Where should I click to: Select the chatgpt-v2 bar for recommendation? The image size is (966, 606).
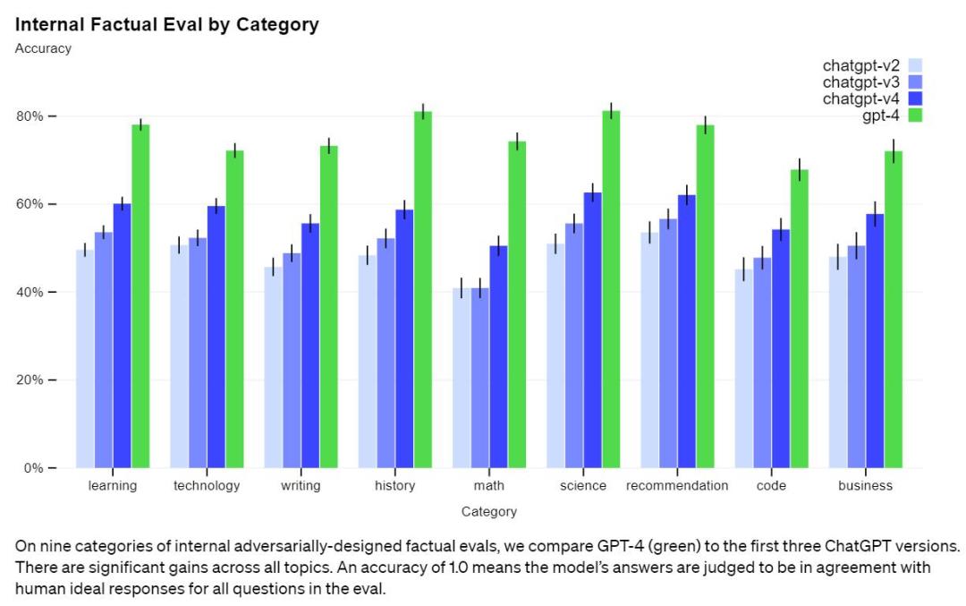pyautogui.click(x=649, y=350)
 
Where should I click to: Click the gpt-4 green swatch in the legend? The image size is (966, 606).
pyautogui.click(x=915, y=115)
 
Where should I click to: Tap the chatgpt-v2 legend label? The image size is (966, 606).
pyautogui.click(x=861, y=65)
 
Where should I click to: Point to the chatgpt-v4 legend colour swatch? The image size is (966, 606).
pyautogui.click(x=915, y=98)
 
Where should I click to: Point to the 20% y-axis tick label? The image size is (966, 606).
pyautogui.click(x=34, y=380)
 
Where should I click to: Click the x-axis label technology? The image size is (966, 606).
pyautogui.click(x=207, y=486)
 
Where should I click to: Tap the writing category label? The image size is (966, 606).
pyautogui.click(x=301, y=486)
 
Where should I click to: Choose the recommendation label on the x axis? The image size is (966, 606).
pyautogui.click(x=677, y=486)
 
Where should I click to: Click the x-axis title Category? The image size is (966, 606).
pyautogui.click(x=488, y=512)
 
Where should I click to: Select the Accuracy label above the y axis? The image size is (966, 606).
pyautogui.click(x=43, y=48)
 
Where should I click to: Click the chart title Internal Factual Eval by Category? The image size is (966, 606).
pyautogui.click(x=166, y=25)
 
